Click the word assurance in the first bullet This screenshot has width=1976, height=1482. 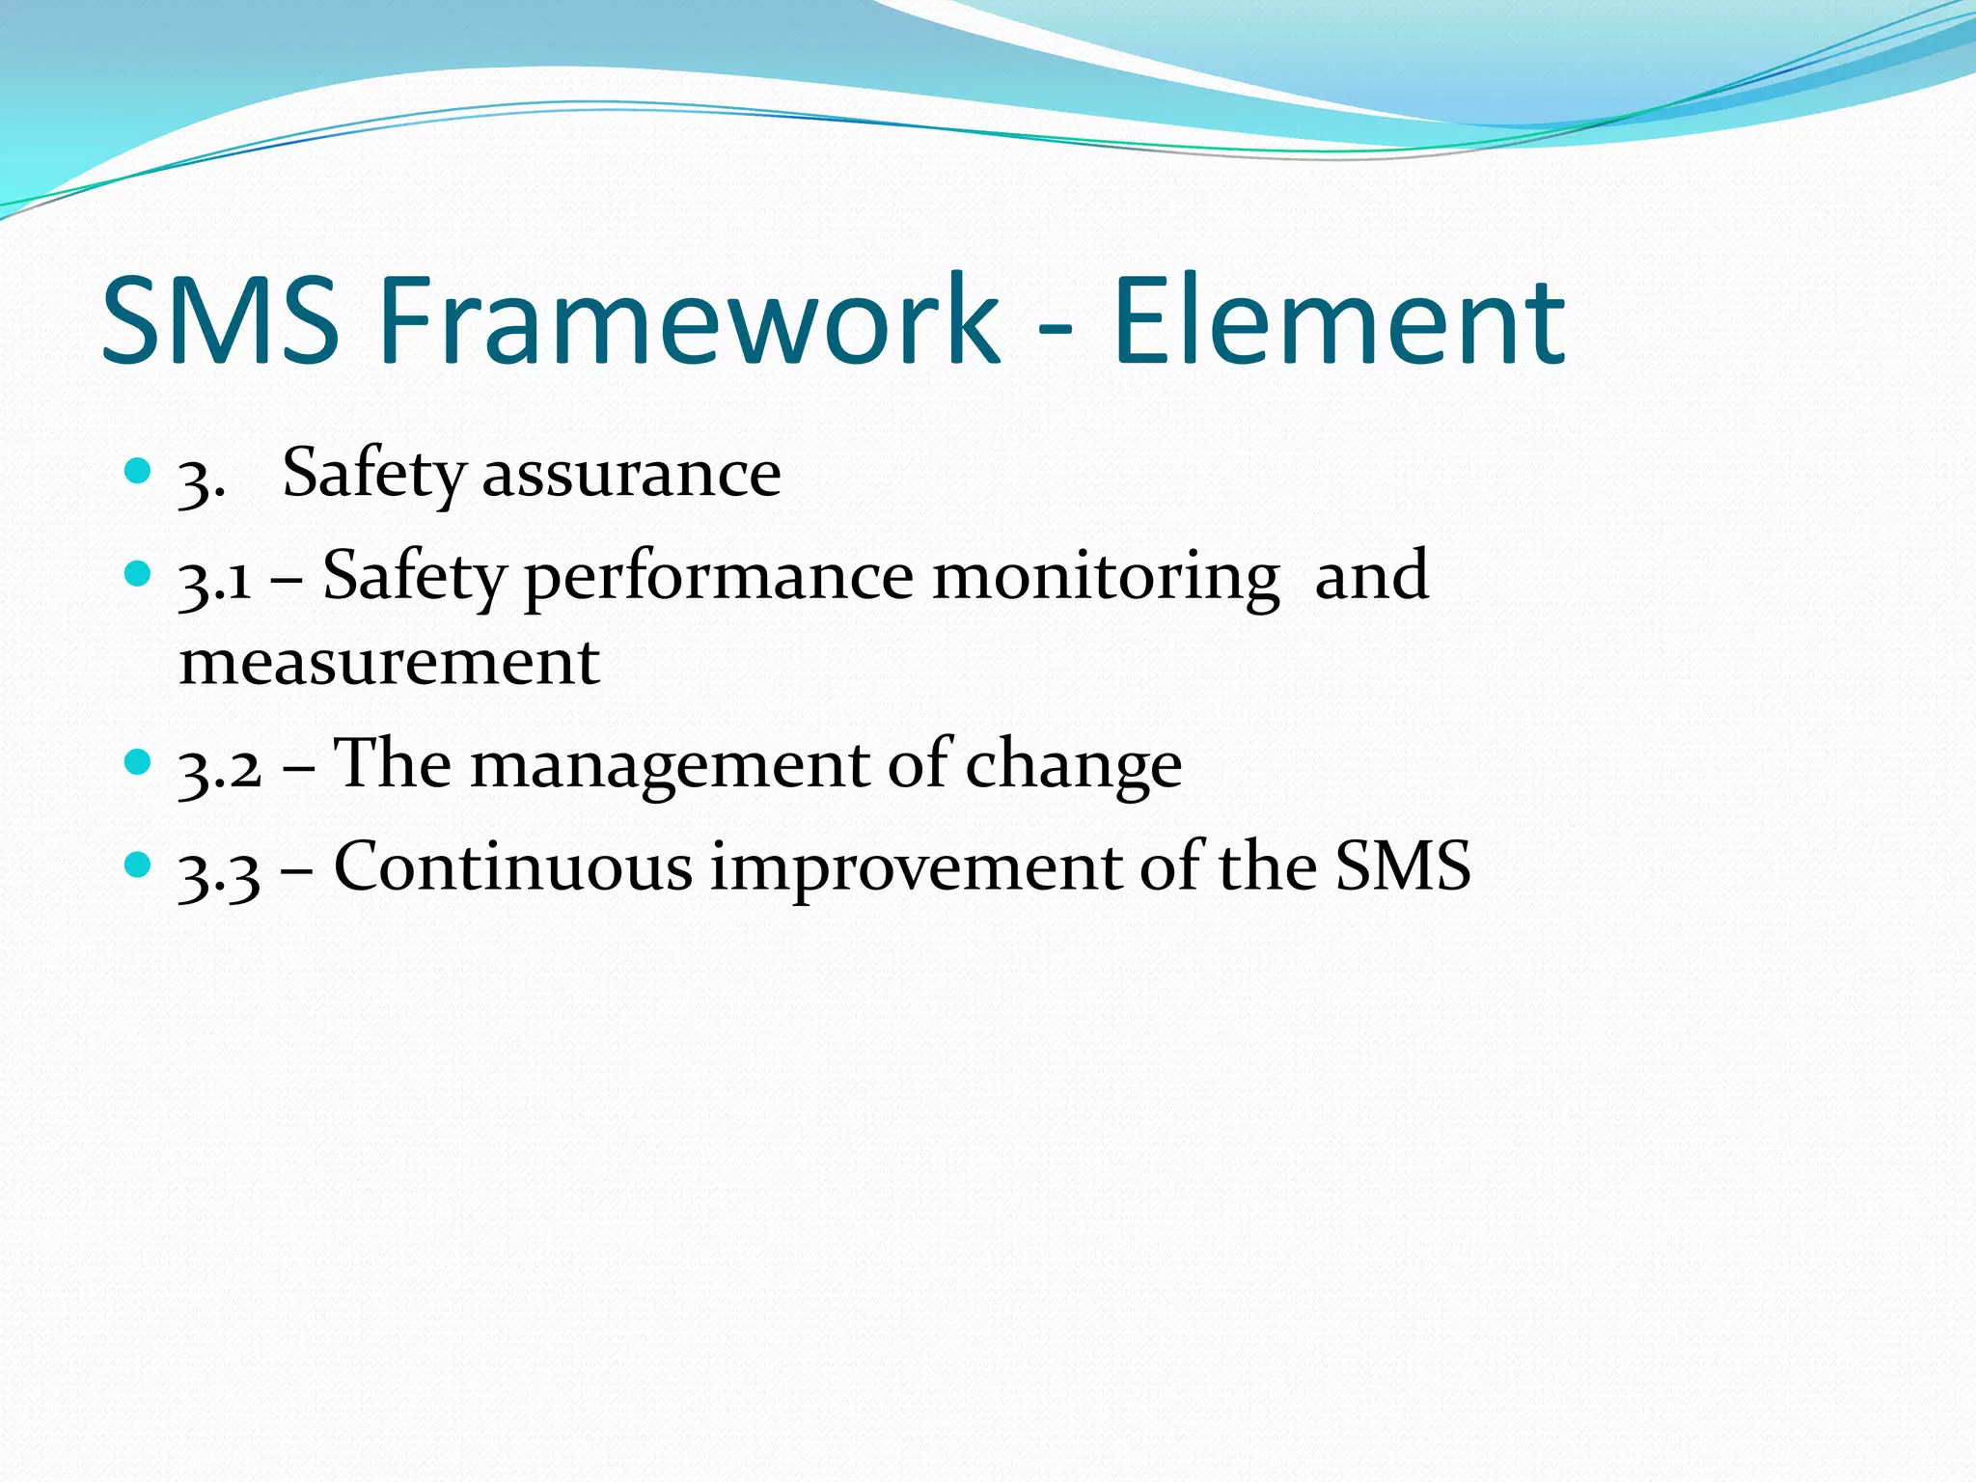pyautogui.click(x=631, y=475)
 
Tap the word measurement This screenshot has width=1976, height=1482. pyautogui.click(x=390, y=664)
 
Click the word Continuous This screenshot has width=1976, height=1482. pyautogui.click(x=512, y=866)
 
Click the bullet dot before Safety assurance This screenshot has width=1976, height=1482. pyautogui.click(x=139, y=471)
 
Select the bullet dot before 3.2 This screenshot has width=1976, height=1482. pyautogui.click(x=139, y=762)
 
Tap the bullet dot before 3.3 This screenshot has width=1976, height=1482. pyautogui.click(x=139, y=864)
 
